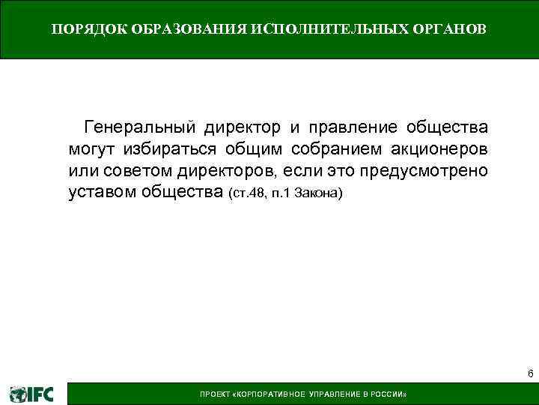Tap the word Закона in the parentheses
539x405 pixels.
tap(319, 194)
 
